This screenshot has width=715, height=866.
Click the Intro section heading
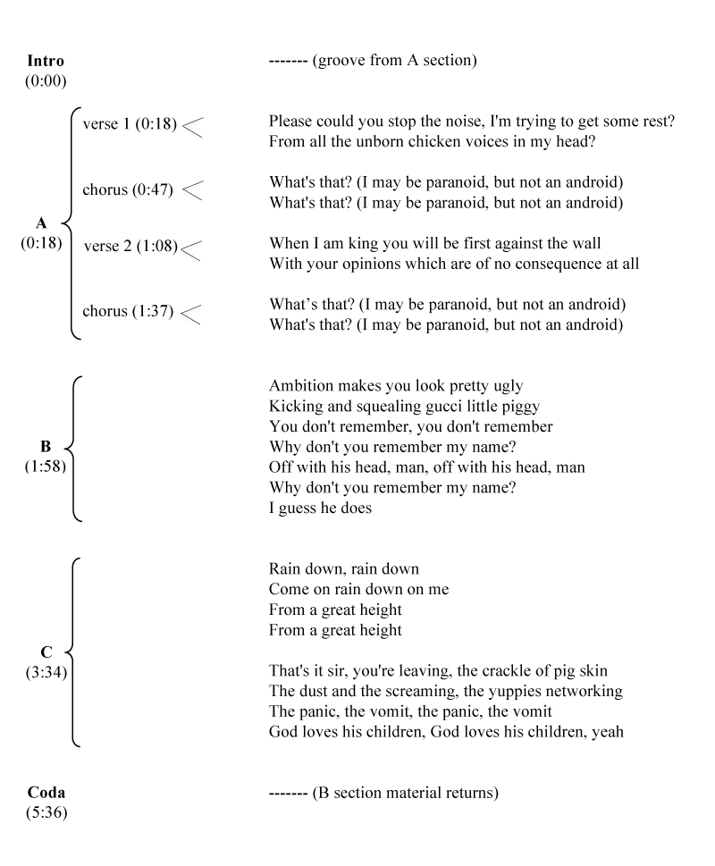coord(46,62)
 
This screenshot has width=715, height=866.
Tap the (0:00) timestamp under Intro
coord(46,81)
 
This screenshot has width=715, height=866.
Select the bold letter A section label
coord(41,223)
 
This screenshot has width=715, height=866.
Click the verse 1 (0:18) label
coord(128,123)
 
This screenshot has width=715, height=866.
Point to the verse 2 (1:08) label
coord(130,246)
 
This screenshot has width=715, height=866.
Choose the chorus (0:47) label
coord(128,189)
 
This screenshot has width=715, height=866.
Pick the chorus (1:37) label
coord(128,312)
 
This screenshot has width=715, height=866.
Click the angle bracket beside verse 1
coord(192,127)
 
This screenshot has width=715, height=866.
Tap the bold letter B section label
coord(46,446)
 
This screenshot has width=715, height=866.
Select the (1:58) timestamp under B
coord(46,466)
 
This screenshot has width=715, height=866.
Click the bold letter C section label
coord(46,652)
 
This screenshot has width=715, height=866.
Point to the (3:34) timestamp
coord(46,672)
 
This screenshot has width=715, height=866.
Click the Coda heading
coord(46,793)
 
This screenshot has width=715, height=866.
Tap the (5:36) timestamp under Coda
coord(46,812)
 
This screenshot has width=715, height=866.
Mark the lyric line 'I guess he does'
coord(320,509)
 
